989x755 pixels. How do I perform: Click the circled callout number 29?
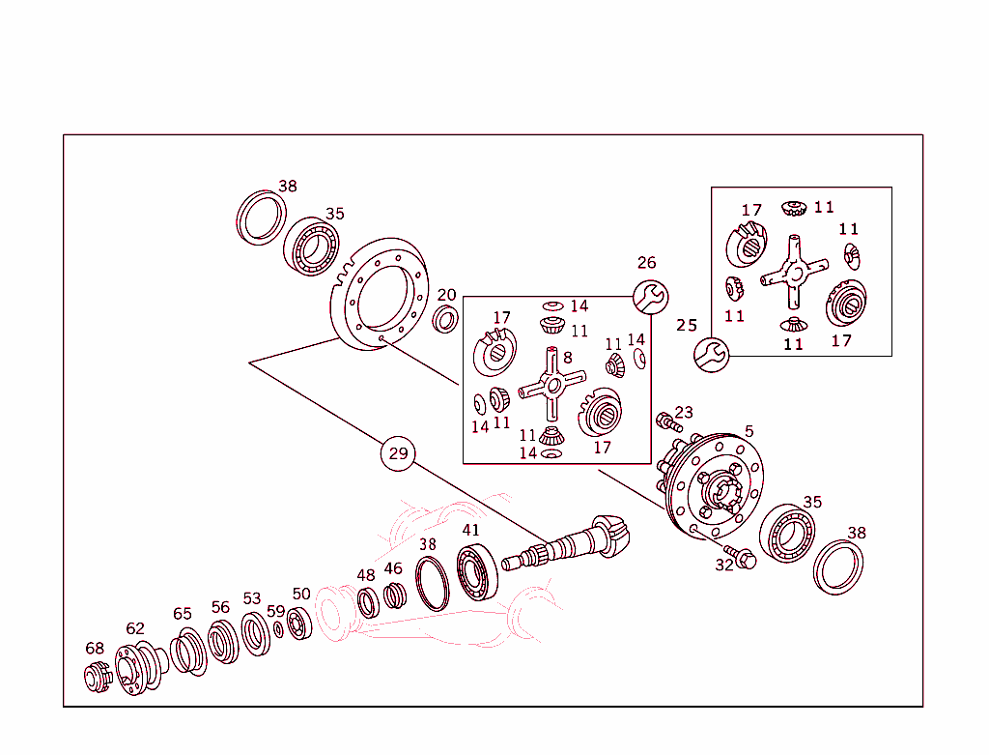398,453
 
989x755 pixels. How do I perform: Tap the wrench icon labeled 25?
711,355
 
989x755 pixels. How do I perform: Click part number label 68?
94,648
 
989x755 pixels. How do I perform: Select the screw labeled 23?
665,421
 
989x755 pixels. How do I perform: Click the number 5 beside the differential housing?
749,431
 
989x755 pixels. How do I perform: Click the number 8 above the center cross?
567,358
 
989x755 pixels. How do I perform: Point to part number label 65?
183,614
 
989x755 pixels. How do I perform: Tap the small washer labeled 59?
278,630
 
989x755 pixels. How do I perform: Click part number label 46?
392,568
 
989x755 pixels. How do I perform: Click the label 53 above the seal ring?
251,598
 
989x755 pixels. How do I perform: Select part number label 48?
365,575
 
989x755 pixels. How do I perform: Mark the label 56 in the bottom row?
220,607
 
